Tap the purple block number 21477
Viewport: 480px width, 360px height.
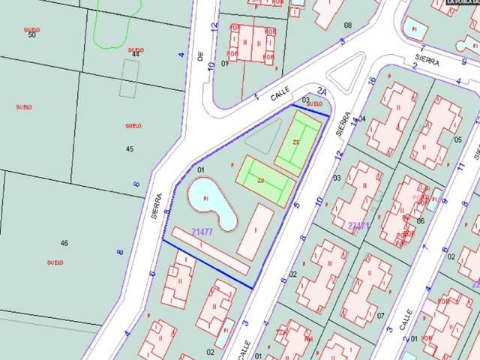[202, 232]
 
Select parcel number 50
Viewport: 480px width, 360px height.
[31, 34]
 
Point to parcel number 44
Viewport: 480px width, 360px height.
[136, 55]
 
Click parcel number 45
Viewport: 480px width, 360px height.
[129, 148]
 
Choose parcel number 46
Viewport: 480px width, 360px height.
[64, 243]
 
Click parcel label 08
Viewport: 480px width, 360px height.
[347, 25]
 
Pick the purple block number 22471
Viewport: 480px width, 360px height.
[360, 224]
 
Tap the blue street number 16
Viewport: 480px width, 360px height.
[372, 81]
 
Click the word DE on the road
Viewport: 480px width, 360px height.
[201, 57]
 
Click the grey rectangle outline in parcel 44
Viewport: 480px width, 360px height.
[130, 78]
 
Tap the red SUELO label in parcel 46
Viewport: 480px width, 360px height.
[55, 262]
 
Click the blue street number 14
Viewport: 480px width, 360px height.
[355, 121]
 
